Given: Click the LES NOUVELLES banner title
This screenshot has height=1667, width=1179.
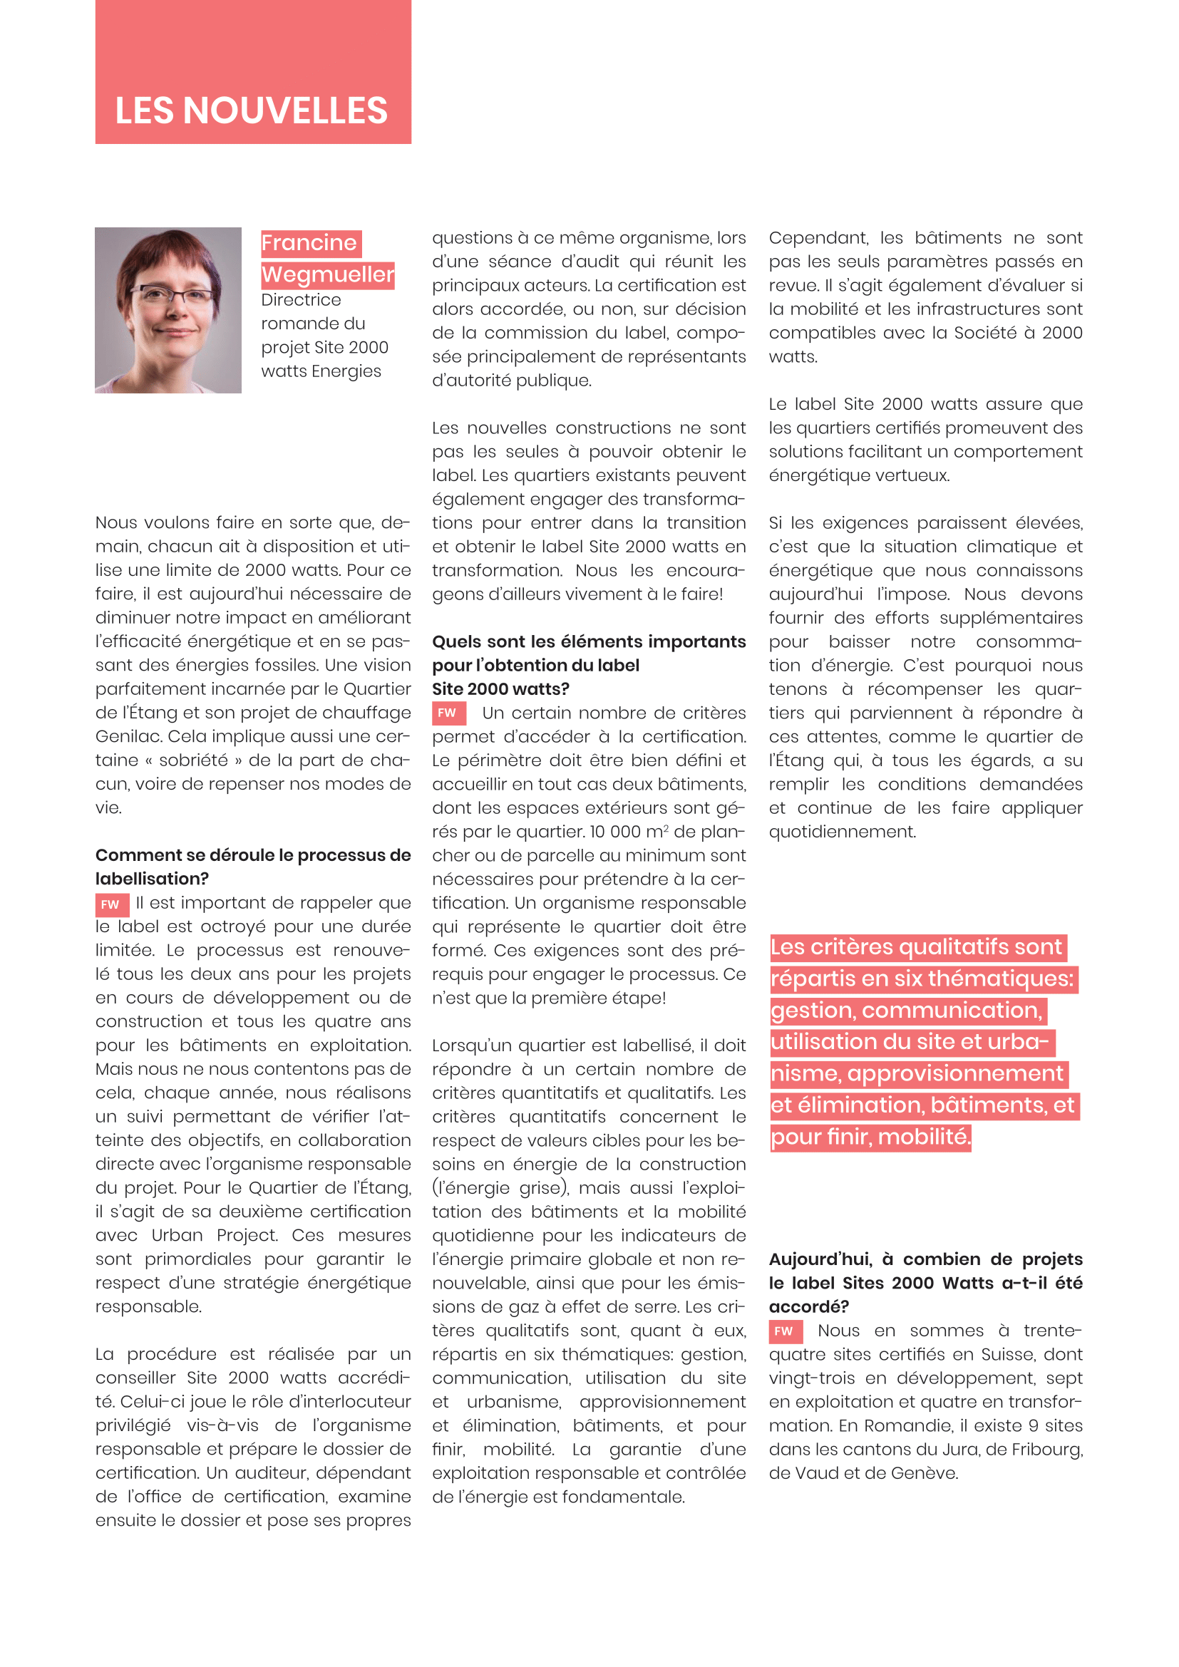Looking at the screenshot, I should pyautogui.click(x=251, y=110).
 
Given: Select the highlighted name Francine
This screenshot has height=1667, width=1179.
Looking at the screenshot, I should pyautogui.click(x=309, y=242).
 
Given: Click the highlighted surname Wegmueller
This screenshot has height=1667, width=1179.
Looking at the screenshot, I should pyautogui.click(x=327, y=274).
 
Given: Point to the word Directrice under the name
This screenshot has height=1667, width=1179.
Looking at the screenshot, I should pyautogui.click(x=301, y=300).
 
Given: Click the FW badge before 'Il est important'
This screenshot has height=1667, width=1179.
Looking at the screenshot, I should pyautogui.click(x=110, y=904).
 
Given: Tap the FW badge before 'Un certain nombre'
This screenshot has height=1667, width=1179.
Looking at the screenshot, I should pyautogui.click(x=447, y=713).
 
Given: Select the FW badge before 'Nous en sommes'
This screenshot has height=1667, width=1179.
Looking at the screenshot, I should pyautogui.click(x=784, y=1331).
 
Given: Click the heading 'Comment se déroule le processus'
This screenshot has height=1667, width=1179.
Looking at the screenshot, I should pyautogui.click(x=252, y=855).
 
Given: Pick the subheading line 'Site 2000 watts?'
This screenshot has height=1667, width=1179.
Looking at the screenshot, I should pyautogui.click(x=500, y=688).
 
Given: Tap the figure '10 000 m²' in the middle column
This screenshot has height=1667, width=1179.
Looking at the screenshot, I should pyautogui.click(x=629, y=831).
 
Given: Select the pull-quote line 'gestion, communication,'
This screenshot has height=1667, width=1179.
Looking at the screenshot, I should pyautogui.click(x=907, y=1010).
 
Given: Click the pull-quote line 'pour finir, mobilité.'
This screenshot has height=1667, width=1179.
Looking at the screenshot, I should pyautogui.click(x=869, y=1136).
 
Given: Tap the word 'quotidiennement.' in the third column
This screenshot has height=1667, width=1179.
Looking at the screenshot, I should pyautogui.click(x=842, y=831).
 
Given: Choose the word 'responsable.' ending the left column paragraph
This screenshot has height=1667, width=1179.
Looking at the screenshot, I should pyautogui.click(x=149, y=1306).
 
